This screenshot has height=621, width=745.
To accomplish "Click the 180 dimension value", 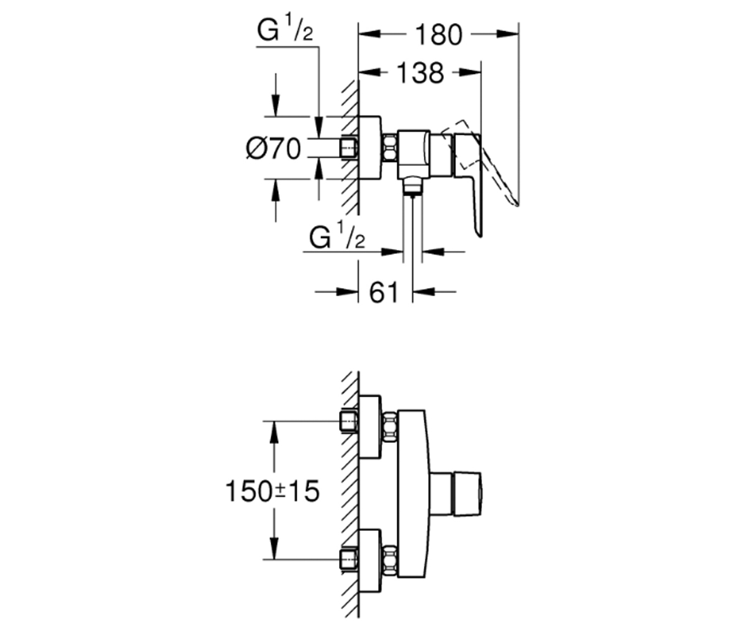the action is tap(439, 35).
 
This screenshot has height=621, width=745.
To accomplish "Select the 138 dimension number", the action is tap(420, 73).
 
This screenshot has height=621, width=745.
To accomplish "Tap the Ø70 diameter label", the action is tap(273, 148).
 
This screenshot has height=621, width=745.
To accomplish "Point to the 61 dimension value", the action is tap(384, 292).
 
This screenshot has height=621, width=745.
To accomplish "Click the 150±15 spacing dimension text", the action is tap(273, 491).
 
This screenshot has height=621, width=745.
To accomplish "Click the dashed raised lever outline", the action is tap(480, 161).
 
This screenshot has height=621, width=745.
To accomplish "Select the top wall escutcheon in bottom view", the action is tap(370, 427).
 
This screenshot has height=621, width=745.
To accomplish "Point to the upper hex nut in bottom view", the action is tap(390, 427).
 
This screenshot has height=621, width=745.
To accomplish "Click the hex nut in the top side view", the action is tap(390, 148).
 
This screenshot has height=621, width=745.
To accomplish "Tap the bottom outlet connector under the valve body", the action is tap(412, 186).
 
